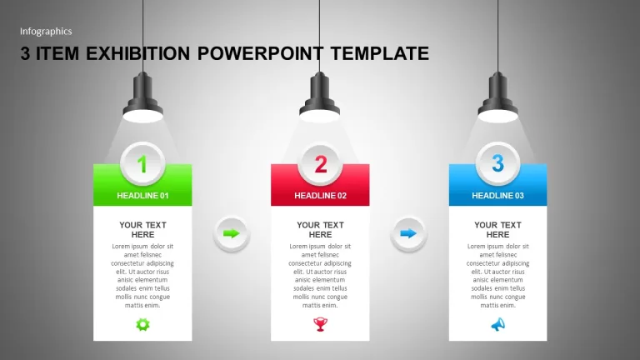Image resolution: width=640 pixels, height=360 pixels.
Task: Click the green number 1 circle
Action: [142, 163]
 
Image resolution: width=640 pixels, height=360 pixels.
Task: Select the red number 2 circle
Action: [320, 164]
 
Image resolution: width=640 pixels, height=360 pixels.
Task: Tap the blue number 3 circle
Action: [497, 163]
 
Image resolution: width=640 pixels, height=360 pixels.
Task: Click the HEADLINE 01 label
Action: [142, 196]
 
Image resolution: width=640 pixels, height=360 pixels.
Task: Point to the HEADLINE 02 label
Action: [320, 196]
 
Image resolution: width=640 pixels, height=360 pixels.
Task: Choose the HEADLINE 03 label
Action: [497, 196]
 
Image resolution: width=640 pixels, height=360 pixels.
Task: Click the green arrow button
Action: [232, 234]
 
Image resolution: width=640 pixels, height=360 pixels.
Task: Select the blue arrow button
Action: [408, 234]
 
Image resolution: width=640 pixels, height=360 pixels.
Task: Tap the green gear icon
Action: [142, 324]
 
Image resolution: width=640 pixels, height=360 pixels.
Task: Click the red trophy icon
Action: [320, 324]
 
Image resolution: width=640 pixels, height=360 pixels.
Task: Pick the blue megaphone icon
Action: [498, 324]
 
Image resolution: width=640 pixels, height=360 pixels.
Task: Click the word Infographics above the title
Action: [46, 32]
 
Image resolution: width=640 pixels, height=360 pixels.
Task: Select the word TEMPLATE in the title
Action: [380, 53]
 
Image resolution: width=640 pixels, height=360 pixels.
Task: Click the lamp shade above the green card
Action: [142, 97]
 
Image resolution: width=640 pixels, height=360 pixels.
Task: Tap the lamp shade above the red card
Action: [320, 97]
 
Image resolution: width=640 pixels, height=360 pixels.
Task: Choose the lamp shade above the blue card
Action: [498, 97]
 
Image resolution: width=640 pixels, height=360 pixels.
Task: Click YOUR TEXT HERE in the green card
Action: [142, 230]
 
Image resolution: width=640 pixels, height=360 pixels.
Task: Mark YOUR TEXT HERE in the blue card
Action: [497, 230]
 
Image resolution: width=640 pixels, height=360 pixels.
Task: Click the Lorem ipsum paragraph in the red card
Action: [320, 276]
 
